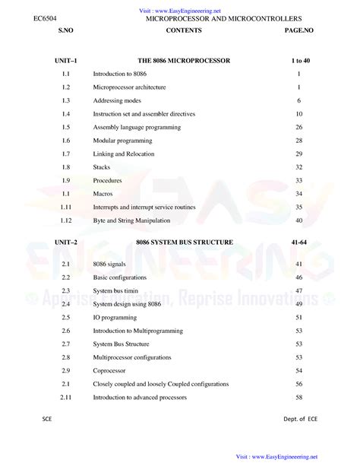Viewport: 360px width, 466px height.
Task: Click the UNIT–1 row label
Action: tap(66, 59)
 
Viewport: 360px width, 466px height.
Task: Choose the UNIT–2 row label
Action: tap(66, 242)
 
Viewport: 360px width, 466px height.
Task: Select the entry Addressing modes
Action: tap(118, 100)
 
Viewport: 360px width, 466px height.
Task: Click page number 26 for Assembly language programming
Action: tap(299, 127)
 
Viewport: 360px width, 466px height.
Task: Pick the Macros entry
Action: tap(103, 194)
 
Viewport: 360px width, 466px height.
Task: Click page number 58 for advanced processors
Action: tap(299, 397)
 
